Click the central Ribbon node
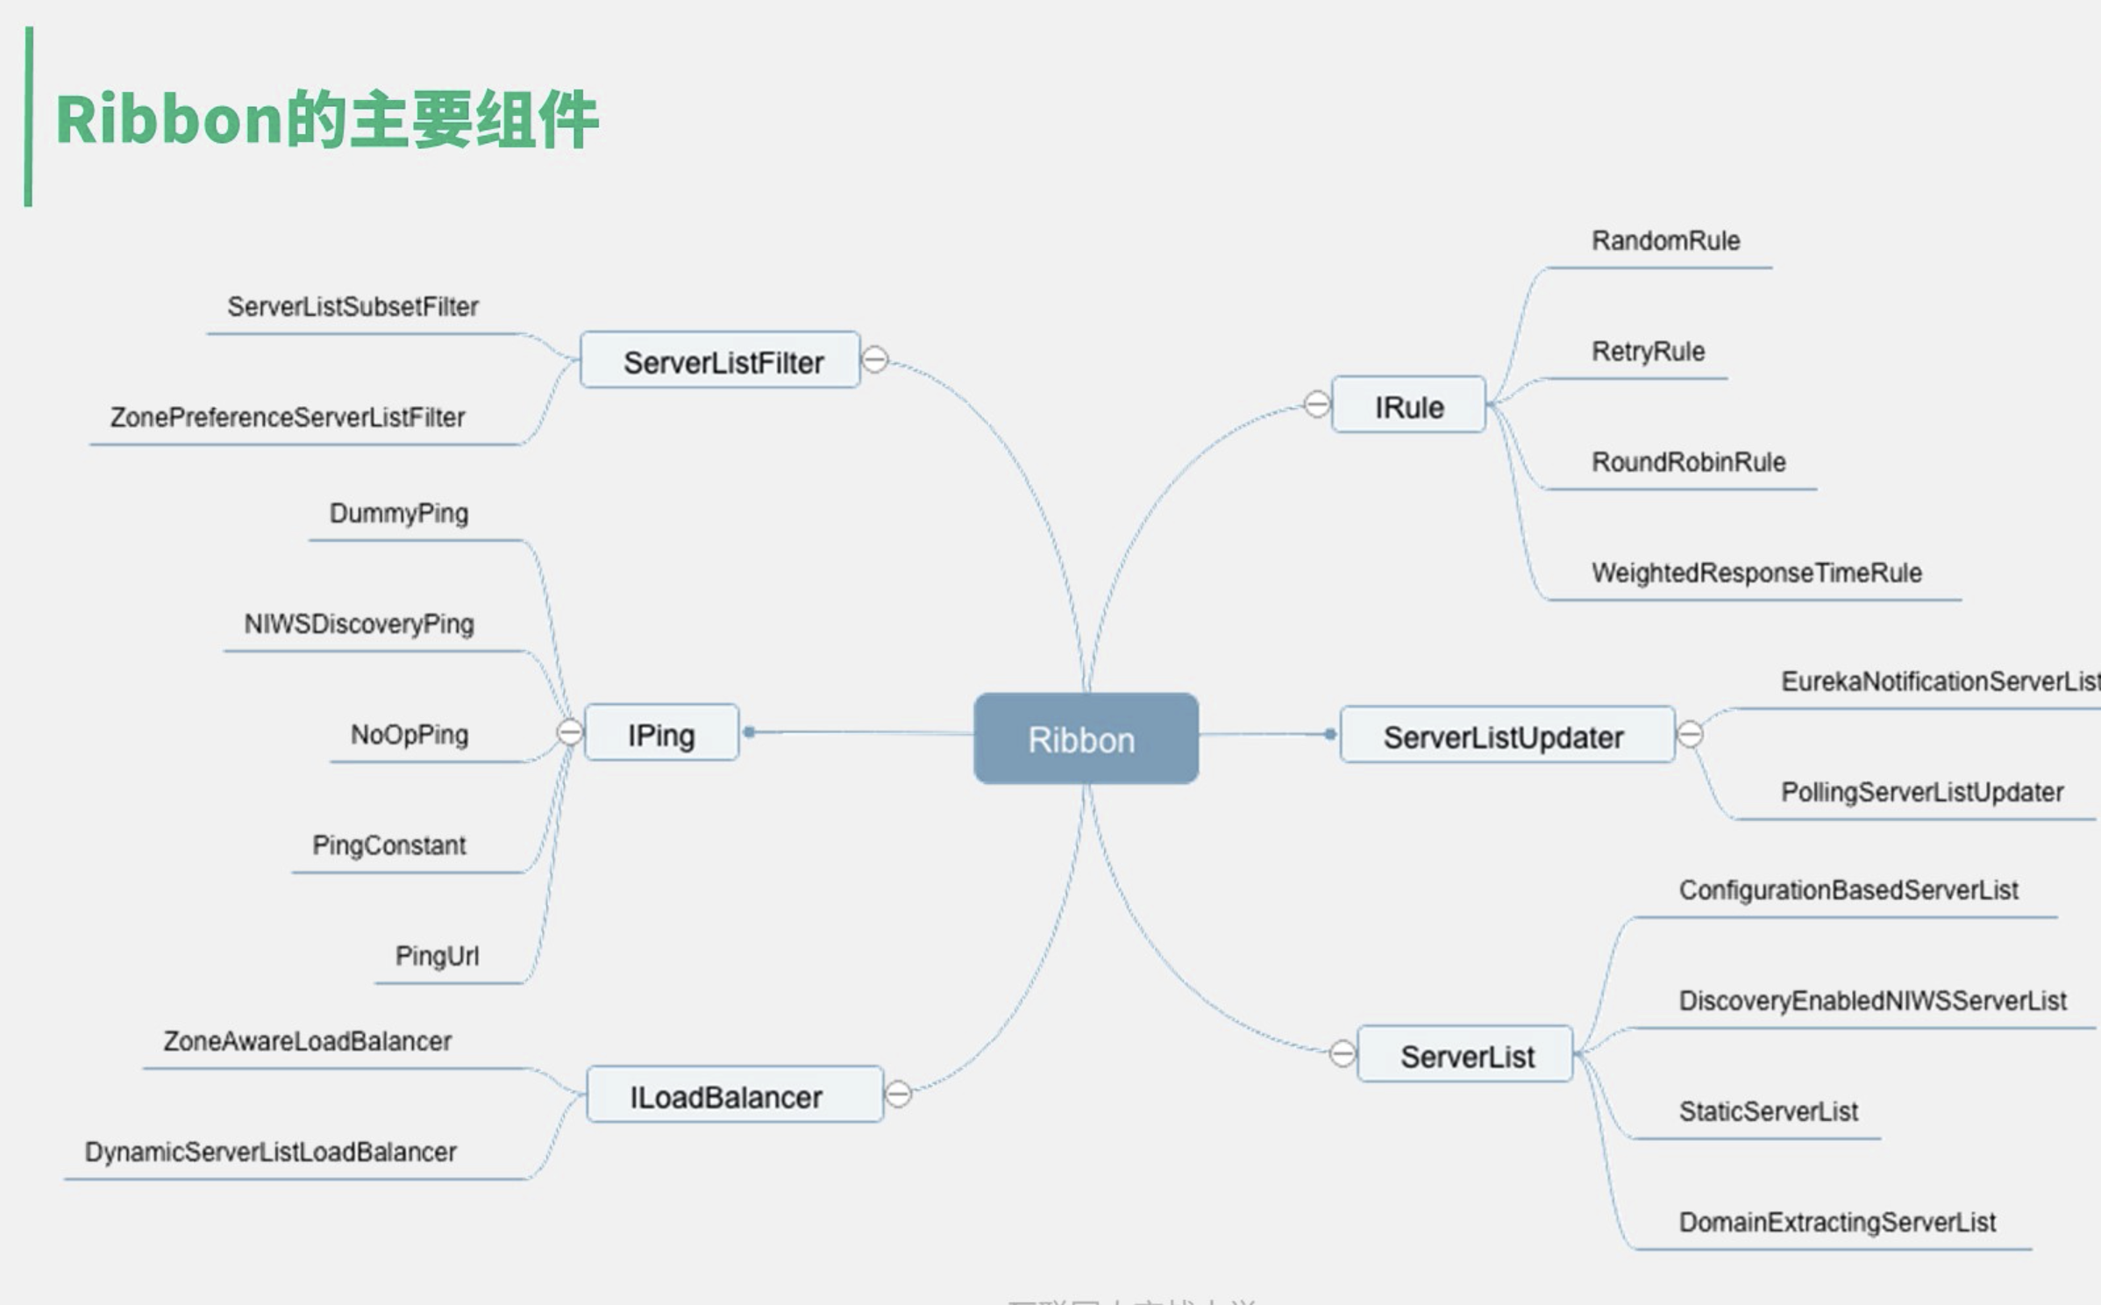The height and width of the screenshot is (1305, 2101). coord(1086,738)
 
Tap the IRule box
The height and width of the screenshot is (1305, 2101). coord(1408,406)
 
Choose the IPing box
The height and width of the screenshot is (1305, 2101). coord(661,733)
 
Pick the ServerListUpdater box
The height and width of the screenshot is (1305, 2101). coord(1506,736)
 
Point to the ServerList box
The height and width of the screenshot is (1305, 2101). coord(1465,1055)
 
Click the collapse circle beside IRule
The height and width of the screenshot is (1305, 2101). coord(1317,404)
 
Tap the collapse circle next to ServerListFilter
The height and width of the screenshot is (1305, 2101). coord(875,360)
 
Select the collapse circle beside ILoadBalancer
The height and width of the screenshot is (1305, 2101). coord(898,1094)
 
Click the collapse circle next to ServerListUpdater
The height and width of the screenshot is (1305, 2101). coord(1690,734)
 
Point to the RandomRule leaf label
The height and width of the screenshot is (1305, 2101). coord(1665,240)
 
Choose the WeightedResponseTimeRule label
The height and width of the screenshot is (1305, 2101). coord(1756,573)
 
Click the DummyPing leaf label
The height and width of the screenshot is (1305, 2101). coord(399,513)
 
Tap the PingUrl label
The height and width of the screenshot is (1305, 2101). coord(437,956)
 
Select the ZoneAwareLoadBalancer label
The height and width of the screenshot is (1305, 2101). coord(307,1041)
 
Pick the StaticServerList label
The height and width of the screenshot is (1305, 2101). coord(1768,1111)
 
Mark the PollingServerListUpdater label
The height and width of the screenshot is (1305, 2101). coord(1921,792)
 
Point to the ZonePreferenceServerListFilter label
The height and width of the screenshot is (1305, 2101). coord(288,417)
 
